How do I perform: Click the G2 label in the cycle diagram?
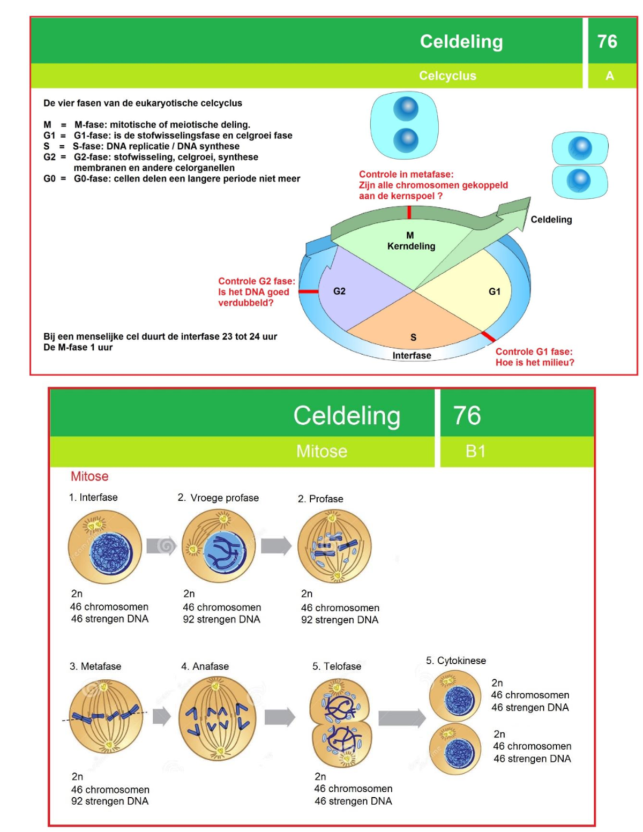339,291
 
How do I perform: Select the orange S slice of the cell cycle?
413,321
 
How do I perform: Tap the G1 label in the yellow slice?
494,291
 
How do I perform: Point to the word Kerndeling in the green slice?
411,246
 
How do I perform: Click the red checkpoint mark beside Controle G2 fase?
308,291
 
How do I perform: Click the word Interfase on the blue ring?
412,355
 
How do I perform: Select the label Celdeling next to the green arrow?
551,219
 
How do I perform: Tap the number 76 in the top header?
607,41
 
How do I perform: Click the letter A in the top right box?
609,76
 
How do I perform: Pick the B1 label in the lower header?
475,451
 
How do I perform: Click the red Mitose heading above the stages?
89,476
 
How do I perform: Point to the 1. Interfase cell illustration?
105,547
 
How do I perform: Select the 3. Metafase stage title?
95,666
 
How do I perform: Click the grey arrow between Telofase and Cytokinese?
401,718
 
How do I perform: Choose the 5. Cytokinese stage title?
455,661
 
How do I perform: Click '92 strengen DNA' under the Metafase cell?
109,801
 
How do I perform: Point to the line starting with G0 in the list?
171,178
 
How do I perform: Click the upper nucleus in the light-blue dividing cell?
406,109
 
